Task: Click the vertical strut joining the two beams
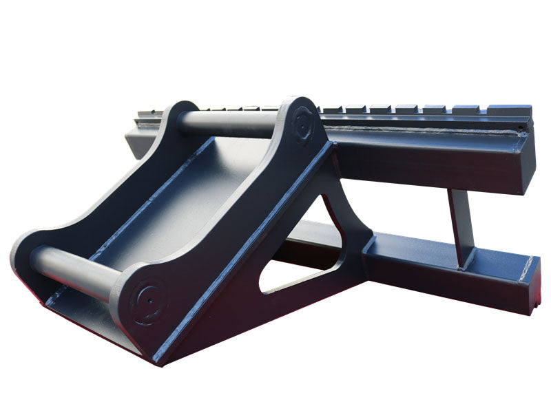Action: coord(460,227)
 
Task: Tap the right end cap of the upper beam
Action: coord(527,158)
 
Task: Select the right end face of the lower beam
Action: coord(530,282)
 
